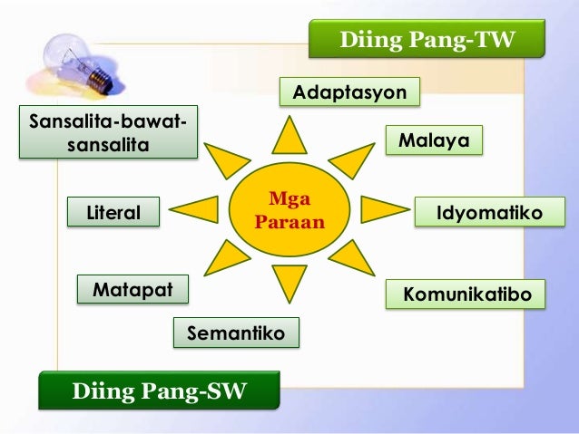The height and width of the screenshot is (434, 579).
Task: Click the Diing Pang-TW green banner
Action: coord(427,41)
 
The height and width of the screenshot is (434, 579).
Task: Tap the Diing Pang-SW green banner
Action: coord(159,393)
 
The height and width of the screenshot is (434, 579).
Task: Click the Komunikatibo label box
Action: coord(466,295)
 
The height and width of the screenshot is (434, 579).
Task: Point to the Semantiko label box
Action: coord(235,333)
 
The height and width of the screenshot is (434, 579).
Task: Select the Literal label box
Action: coord(113,213)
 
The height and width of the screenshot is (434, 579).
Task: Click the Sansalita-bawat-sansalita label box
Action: coord(107,132)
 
